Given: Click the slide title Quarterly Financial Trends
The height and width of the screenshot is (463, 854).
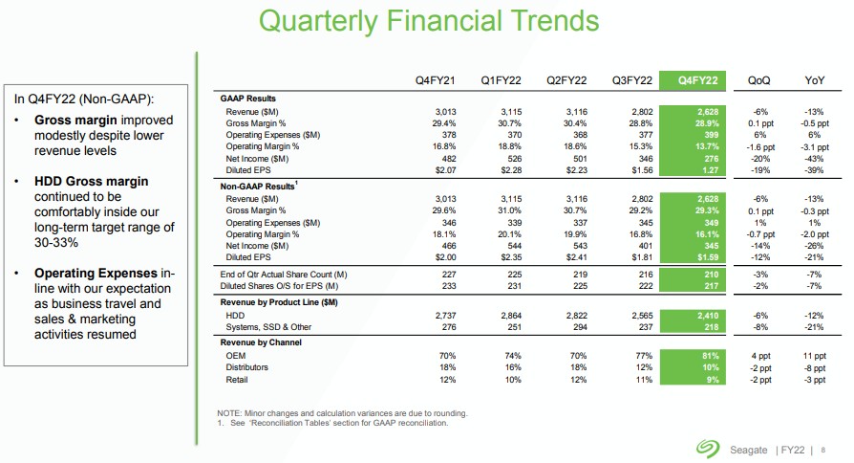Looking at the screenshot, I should (x=430, y=20).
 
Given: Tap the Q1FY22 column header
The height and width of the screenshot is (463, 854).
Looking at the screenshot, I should (x=500, y=79).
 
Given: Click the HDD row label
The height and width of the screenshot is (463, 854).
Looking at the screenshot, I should (x=235, y=314).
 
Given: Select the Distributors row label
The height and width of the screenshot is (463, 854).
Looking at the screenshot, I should (x=247, y=367).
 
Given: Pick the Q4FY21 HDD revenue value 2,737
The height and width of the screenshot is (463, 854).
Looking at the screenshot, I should (x=445, y=314).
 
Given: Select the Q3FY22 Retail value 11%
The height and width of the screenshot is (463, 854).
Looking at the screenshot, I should (x=642, y=380).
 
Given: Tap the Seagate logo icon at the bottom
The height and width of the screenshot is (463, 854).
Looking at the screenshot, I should (x=708, y=447).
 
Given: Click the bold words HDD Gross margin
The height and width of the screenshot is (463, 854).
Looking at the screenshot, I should (x=92, y=182).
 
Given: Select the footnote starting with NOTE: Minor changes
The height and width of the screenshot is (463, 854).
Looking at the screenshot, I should (x=342, y=412).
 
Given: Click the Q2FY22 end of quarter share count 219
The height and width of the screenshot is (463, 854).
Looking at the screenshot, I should (x=575, y=276).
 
